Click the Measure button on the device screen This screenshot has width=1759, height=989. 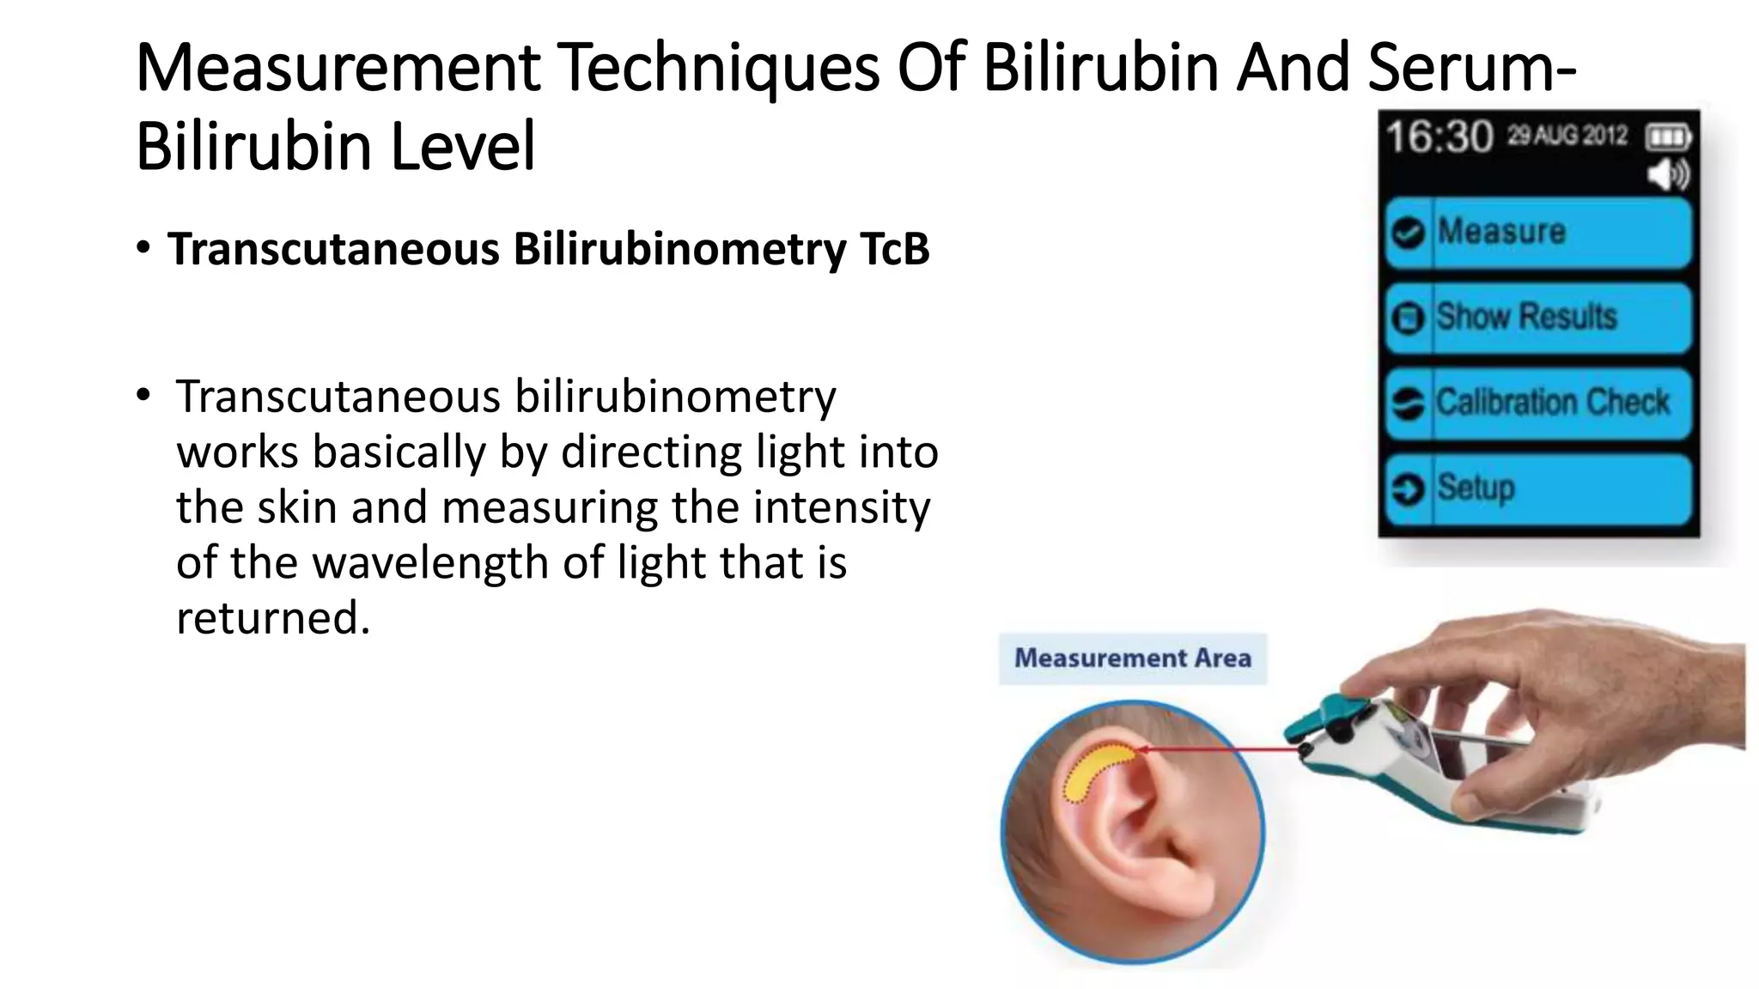pos(1537,233)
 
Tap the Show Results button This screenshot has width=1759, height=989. pos(1537,318)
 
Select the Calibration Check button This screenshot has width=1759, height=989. pos(1537,403)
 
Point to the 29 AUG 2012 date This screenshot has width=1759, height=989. pos(1567,136)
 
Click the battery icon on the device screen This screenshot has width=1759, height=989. pos(1667,137)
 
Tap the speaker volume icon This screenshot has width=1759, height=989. pos(1667,175)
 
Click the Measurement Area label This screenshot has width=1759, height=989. pos(1132,658)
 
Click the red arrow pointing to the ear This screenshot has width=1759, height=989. pos(1220,750)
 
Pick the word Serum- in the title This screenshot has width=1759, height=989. pos(1472,68)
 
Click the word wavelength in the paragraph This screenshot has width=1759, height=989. pos(430,563)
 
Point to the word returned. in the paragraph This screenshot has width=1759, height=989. pos(273,618)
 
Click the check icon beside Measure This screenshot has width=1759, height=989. pos(1408,233)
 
